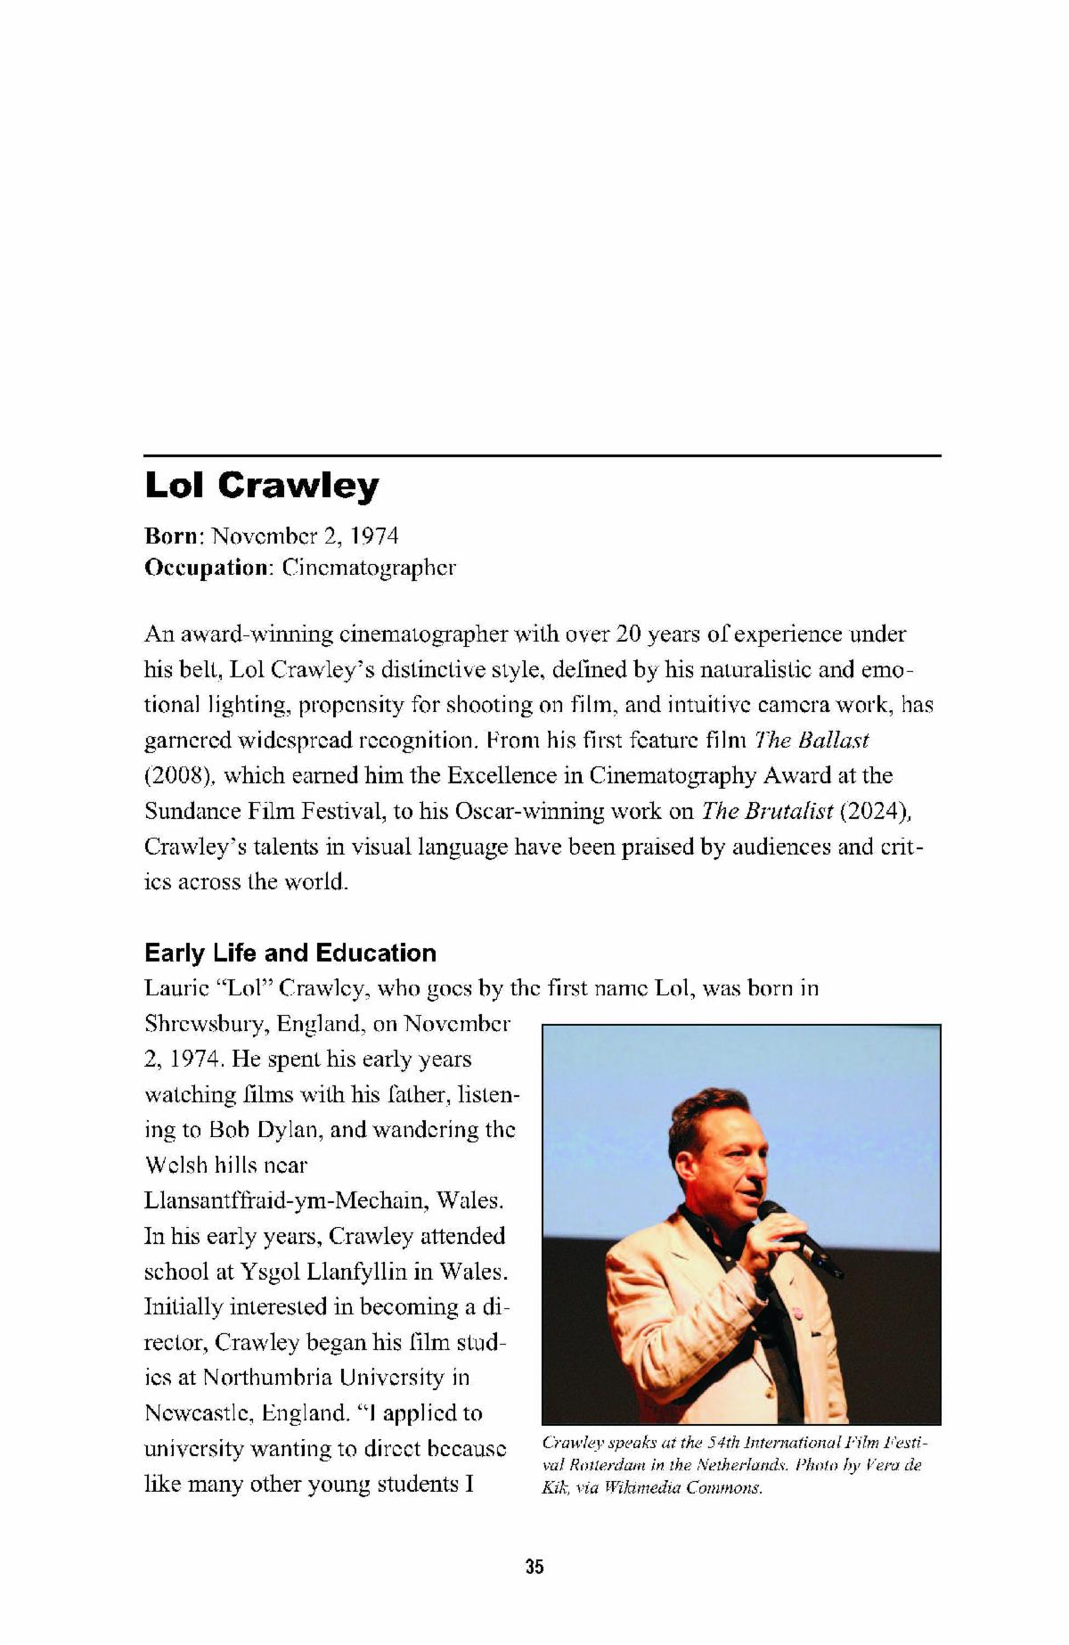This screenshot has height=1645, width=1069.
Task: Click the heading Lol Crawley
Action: (261, 486)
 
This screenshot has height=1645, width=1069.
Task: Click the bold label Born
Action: (174, 536)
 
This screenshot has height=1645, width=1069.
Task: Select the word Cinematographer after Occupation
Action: (369, 568)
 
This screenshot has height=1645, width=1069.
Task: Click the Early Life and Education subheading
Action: (290, 953)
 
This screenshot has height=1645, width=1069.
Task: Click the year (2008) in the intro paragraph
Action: (179, 775)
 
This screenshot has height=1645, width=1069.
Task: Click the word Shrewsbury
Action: (206, 1023)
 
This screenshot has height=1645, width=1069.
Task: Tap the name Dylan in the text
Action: (293, 1129)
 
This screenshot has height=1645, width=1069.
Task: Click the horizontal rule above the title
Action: (543, 455)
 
